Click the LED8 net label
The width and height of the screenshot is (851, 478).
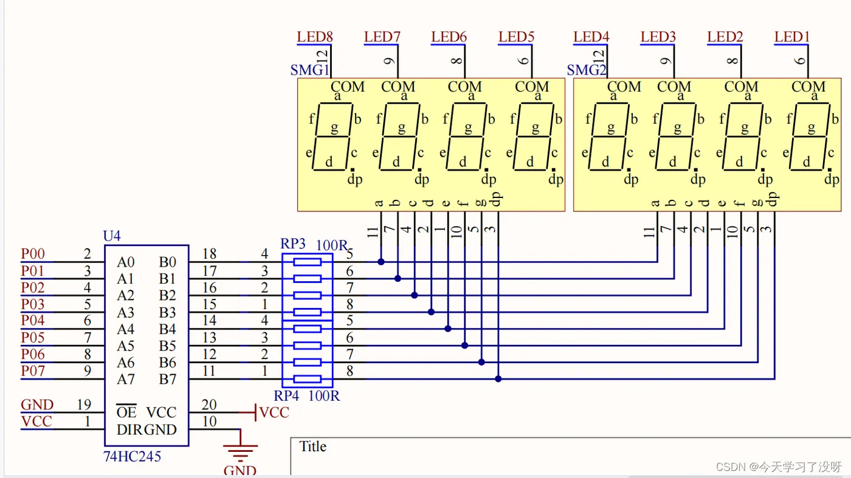point(314,36)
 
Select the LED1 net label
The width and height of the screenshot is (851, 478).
point(792,36)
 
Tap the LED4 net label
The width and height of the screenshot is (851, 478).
point(591,36)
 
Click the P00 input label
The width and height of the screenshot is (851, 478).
point(33,254)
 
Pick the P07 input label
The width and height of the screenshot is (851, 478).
point(33,370)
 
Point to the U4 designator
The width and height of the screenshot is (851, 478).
point(113,236)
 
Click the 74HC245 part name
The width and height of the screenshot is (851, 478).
point(133,456)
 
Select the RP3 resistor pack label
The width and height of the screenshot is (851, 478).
point(293,244)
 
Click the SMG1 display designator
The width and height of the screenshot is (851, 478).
point(309,70)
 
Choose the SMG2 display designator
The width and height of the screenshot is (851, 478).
point(587,70)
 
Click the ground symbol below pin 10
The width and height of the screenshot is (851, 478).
point(240,452)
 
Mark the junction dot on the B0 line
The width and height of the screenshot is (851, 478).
point(381,262)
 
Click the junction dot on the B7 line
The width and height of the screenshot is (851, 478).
point(498,379)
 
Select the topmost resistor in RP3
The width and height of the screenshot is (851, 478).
point(307,262)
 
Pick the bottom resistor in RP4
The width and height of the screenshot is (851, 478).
point(307,379)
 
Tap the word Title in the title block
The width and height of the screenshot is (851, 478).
point(312,447)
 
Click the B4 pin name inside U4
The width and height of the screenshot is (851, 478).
point(167,329)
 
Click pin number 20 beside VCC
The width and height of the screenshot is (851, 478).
point(209,405)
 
